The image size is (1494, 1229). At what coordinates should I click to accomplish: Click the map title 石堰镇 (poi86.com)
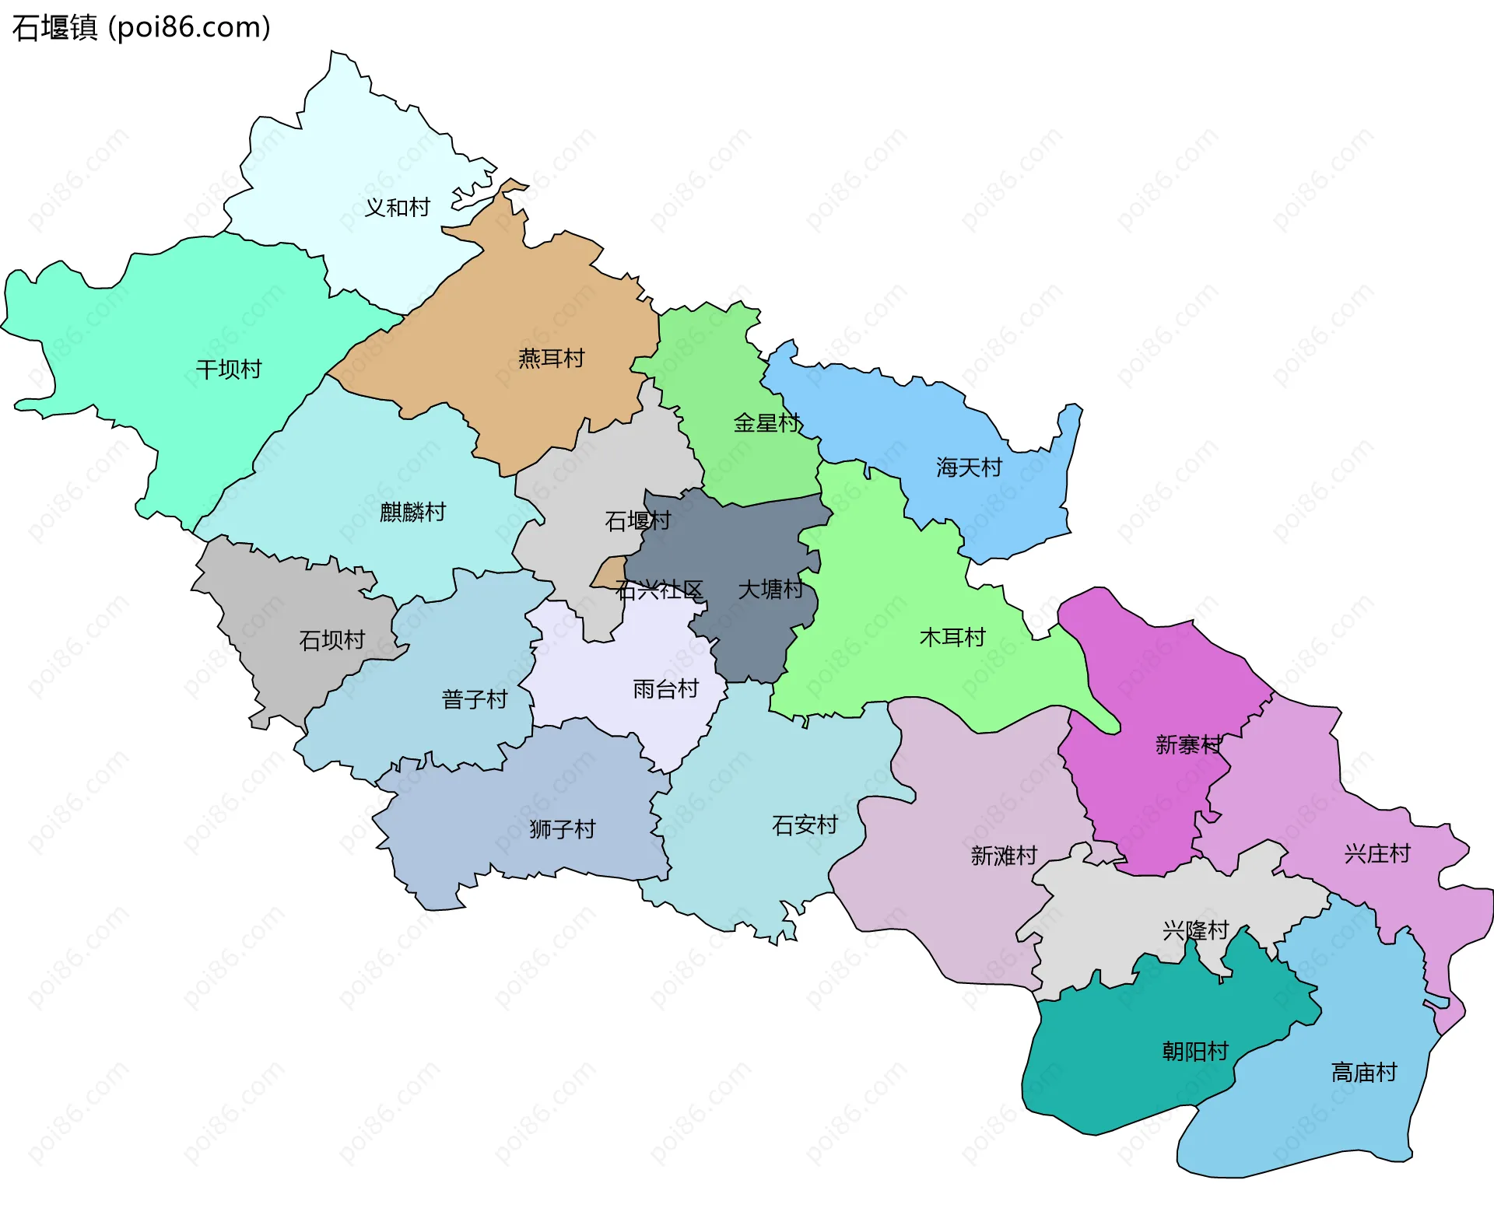[x=141, y=27]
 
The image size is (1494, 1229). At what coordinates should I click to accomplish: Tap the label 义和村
[x=398, y=208]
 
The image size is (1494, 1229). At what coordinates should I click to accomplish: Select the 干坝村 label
[x=229, y=369]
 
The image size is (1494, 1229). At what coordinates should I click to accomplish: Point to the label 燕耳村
[x=551, y=359]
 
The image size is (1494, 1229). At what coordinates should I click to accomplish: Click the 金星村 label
[x=766, y=423]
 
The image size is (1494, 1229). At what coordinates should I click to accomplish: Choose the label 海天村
[x=969, y=467]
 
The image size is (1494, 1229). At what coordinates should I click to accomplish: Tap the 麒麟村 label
[x=412, y=512]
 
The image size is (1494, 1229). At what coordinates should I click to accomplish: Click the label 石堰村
[x=637, y=520]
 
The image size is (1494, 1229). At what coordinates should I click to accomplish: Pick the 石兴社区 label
[x=659, y=590]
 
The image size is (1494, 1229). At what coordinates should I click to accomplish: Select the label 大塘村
[x=770, y=589]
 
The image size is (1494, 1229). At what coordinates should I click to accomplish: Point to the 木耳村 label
[x=952, y=638]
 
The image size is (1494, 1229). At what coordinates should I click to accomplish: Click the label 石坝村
[x=332, y=640]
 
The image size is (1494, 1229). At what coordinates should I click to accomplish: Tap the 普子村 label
[x=475, y=699]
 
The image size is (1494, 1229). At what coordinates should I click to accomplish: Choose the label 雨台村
[x=665, y=689]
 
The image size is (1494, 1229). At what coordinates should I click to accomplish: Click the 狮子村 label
[x=562, y=829]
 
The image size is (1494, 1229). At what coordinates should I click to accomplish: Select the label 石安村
[x=805, y=825]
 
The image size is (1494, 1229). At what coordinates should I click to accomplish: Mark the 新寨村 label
[x=1188, y=745]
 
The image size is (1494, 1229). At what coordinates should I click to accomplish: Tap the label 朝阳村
[x=1195, y=1052]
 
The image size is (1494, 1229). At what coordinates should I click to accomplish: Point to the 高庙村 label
[x=1364, y=1073]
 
